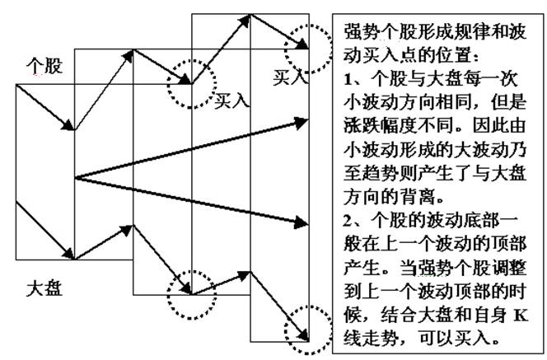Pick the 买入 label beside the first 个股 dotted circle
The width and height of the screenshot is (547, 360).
point(231,101)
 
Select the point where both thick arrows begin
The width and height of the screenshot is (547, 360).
point(75,177)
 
